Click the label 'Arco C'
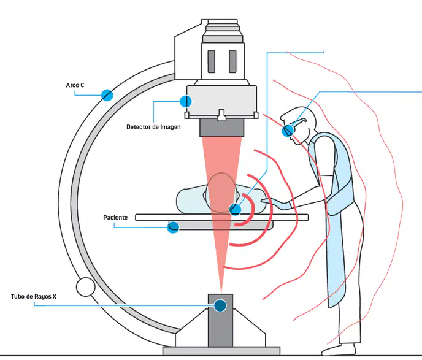tap(75, 85)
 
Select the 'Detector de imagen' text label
tap(153, 127)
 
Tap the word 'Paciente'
tap(115, 217)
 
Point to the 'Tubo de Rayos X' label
tap(34, 296)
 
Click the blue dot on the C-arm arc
tap(107, 95)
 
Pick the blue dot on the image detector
tap(186, 101)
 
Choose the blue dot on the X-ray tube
tap(220, 305)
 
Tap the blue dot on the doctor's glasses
tap(288, 131)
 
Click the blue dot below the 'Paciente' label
tap(173, 228)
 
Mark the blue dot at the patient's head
tap(235, 209)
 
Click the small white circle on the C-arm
tap(86, 287)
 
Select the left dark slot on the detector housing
tap(212, 61)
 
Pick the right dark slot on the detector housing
tap(232, 61)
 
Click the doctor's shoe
tap(339, 350)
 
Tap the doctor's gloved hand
tap(277, 204)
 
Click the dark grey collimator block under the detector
tap(222, 128)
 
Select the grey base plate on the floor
tap(221, 351)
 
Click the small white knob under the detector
tap(221, 115)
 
